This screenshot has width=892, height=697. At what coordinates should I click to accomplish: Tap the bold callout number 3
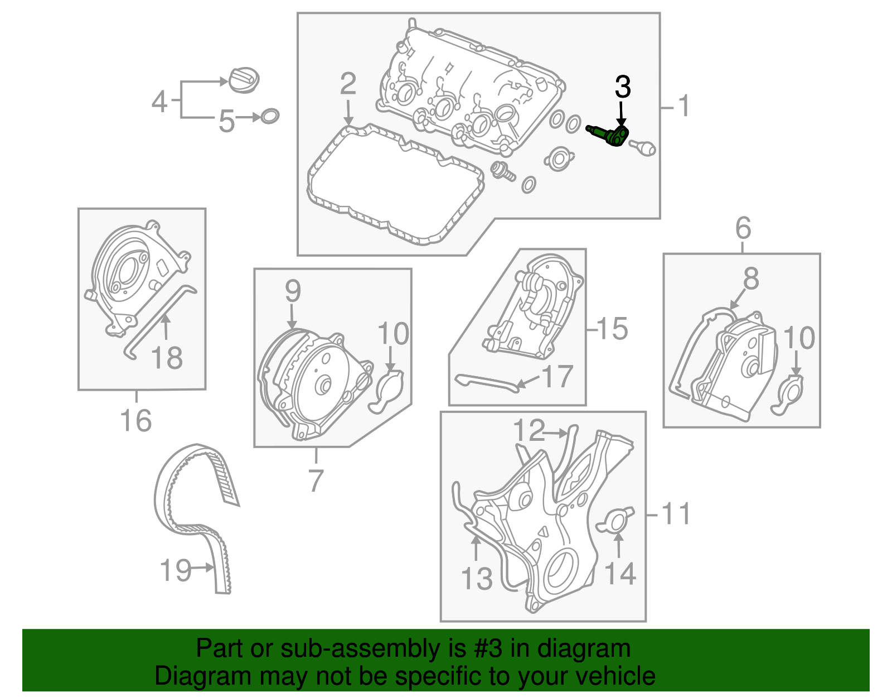tap(622, 88)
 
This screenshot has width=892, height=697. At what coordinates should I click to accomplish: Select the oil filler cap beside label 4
tap(244, 81)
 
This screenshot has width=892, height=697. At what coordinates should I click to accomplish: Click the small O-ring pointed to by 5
tap(270, 116)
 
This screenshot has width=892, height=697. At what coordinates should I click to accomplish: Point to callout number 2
tap(348, 84)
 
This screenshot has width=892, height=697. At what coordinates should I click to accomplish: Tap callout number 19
tap(176, 570)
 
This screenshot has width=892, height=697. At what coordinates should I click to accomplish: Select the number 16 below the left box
tap(136, 420)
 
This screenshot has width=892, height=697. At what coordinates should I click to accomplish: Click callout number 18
tap(167, 358)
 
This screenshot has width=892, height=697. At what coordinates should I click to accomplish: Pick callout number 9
tap(293, 291)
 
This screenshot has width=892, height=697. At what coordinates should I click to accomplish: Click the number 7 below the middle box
tap(316, 480)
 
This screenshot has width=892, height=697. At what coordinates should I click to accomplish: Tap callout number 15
tap(612, 329)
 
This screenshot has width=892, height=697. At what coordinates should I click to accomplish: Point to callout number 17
tap(557, 377)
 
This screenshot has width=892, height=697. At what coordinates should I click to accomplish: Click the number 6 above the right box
tap(743, 228)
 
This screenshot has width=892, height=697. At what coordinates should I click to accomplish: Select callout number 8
tap(751, 278)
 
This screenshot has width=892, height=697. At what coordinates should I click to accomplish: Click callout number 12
tap(529, 430)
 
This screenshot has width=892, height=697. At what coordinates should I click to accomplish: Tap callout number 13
tap(477, 579)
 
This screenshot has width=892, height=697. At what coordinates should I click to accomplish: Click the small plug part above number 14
tap(615, 520)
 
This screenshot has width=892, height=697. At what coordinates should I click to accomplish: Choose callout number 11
tap(676, 514)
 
